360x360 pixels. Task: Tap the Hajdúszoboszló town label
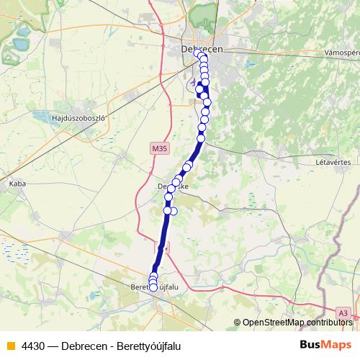(78, 117)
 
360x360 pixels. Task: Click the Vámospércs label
(342, 53)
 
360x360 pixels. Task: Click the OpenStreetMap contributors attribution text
(297, 323)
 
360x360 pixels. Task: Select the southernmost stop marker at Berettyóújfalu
(153, 288)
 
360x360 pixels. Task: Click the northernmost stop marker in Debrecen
(197, 53)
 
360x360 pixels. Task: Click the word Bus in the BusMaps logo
(311, 345)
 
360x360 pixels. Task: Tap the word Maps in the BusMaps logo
(336, 345)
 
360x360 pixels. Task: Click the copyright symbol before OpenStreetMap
(238, 323)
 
